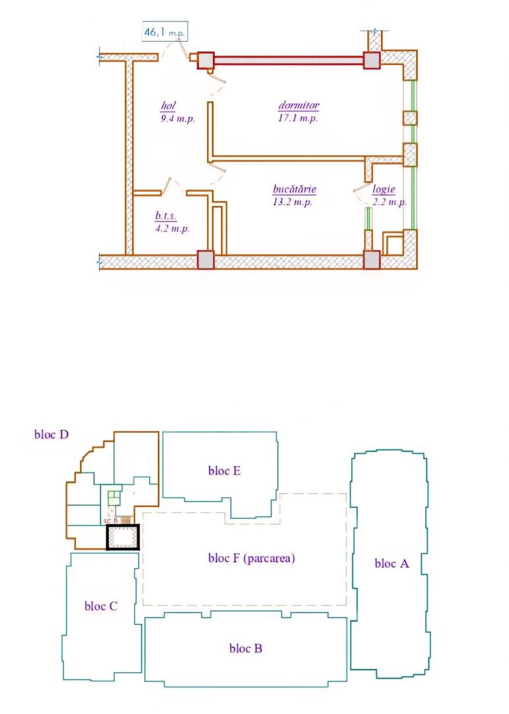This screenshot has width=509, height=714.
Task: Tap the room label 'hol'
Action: click(170, 106)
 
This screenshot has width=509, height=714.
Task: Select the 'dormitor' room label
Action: click(299, 105)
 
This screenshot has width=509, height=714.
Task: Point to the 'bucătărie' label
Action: click(294, 189)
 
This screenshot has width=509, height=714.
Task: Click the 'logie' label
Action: click(383, 189)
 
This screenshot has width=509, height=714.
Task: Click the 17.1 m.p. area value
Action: click(298, 118)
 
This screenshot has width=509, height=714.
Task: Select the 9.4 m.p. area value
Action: click(177, 119)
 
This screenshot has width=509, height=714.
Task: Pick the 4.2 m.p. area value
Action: click(172, 229)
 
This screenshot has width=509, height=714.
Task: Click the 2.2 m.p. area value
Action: click(388, 202)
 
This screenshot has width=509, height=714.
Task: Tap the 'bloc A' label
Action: click(392, 563)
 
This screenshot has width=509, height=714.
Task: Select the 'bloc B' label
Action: click(246, 648)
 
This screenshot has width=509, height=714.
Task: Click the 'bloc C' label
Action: click(101, 606)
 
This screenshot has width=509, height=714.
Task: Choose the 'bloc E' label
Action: click(224, 471)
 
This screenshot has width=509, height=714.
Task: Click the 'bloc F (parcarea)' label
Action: click(251, 558)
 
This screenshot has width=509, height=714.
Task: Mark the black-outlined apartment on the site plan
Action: click(123, 537)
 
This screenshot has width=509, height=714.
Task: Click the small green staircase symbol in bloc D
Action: click(114, 496)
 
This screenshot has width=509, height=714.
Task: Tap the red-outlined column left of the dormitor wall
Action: click(206, 60)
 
